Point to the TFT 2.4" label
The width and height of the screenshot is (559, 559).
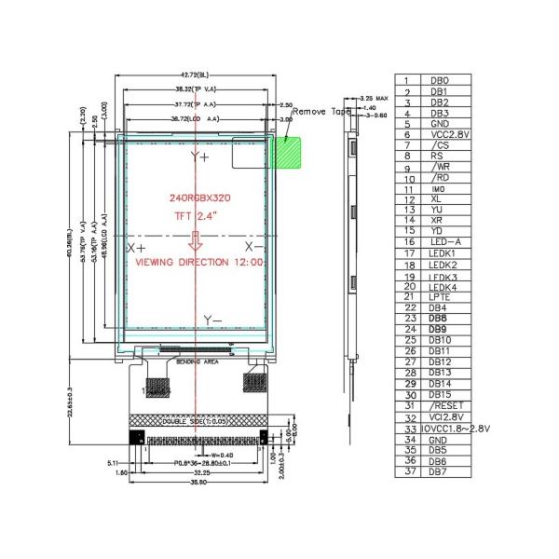[196, 215]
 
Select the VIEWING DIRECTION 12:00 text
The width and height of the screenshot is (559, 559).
[197, 263]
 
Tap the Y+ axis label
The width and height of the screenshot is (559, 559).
[199, 158]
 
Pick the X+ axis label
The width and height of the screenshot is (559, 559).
[137, 249]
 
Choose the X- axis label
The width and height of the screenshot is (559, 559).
[253, 247]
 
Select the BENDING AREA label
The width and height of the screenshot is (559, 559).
[197, 359]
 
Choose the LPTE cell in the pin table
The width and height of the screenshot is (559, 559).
[441, 296]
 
